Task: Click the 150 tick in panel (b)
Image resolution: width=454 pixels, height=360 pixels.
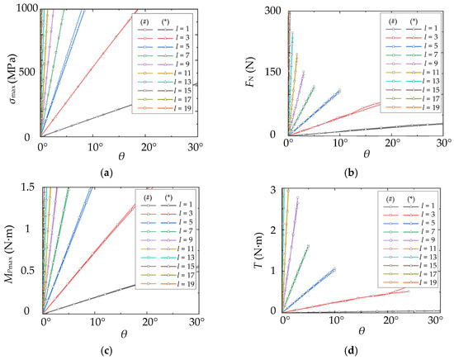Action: (272, 72)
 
